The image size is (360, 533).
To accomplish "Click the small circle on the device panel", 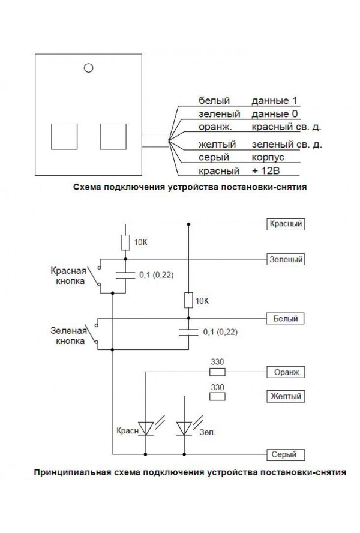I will point(89,68).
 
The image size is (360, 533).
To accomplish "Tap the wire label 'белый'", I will point(211,100).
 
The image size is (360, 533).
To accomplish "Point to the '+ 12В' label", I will point(268,171).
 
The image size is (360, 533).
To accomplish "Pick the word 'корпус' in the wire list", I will point(268,157).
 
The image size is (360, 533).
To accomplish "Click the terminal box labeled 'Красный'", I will point(285,224).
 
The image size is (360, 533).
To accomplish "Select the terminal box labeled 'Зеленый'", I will point(285,260).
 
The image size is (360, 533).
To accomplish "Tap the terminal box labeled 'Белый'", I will point(285,319).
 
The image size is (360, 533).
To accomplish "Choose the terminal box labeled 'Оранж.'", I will point(285,372).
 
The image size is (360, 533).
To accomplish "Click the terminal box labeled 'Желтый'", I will point(285,397).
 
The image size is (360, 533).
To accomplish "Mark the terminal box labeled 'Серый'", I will point(285,454).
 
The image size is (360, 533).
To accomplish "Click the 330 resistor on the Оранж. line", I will point(217,372).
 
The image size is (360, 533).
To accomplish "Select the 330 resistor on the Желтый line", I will point(217,397).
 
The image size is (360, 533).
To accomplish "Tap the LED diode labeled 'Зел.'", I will point(184,428).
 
